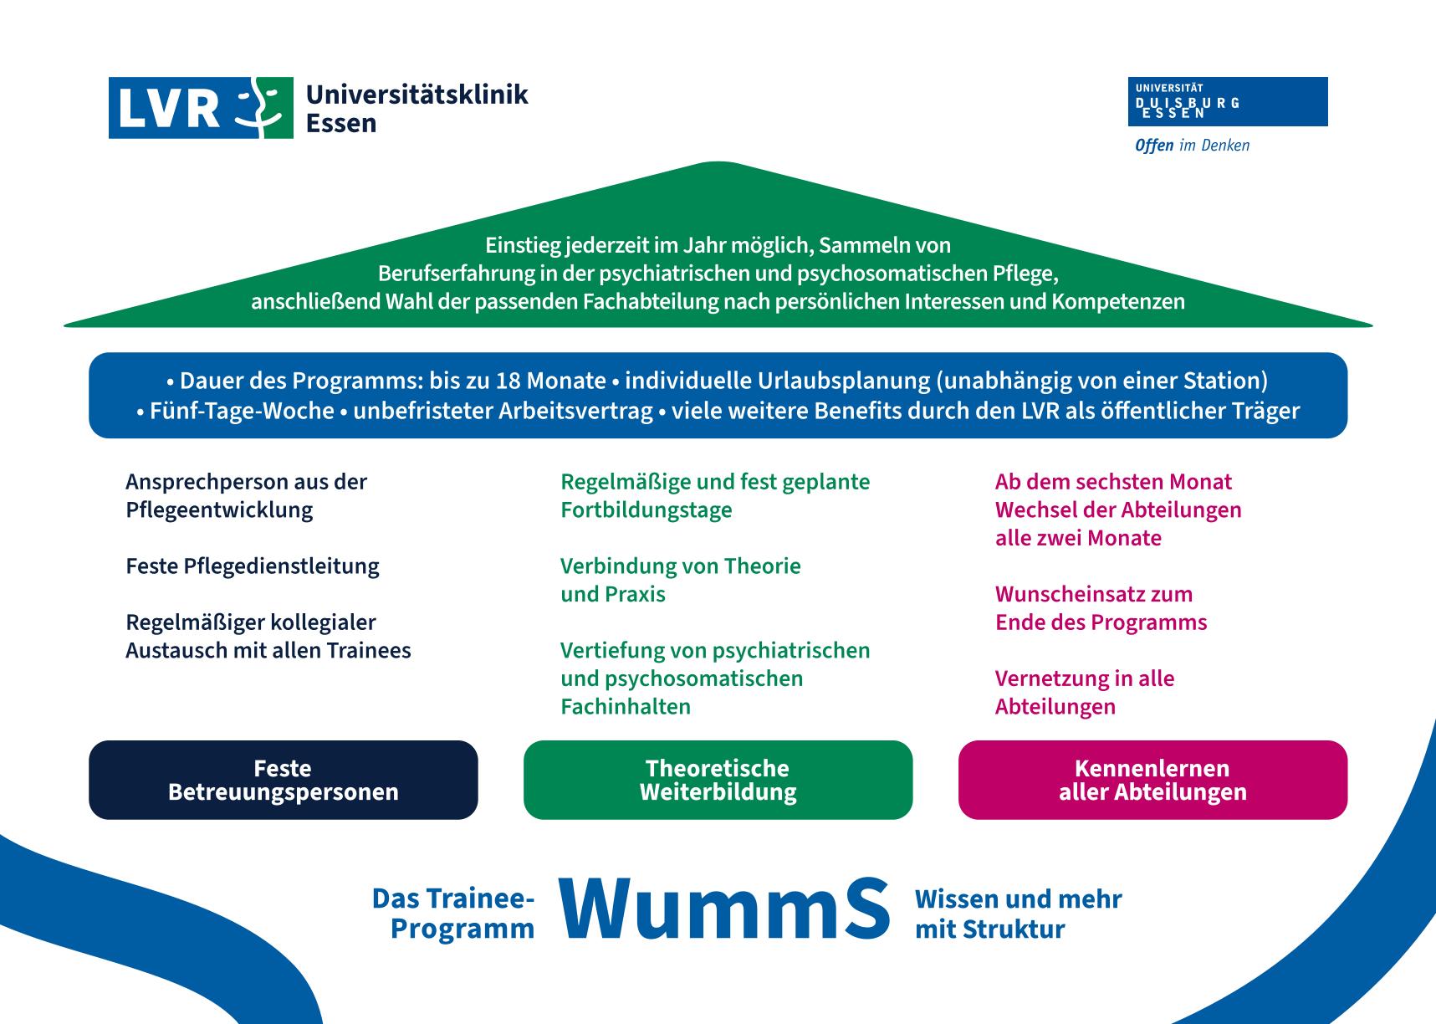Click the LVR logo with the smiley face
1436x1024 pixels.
[x=201, y=108]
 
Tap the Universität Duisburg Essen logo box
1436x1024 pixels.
[x=1228, y=102]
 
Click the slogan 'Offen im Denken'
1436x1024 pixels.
[x=1192, y=146]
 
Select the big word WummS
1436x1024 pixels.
[x=724, y=909]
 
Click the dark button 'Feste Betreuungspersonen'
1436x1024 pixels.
[x=284, y=780]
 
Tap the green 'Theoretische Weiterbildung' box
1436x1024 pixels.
[x=718, y=780]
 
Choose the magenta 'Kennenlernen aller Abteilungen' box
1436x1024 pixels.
[x=1153, y=780]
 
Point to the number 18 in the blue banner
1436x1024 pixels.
[x=508, y=381]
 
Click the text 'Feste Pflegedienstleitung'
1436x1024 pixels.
[x=253, y=566]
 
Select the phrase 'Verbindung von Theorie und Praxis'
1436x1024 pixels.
[x=681, y=580]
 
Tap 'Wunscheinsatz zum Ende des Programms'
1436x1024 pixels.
[x=1101, y=608]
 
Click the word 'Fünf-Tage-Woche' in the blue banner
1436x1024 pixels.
[x=242, y=411]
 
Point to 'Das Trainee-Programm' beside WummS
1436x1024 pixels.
[x=453, y=914]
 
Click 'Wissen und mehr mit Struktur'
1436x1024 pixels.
[x=1019, y=914]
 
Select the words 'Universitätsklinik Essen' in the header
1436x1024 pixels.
[x=417, y=108]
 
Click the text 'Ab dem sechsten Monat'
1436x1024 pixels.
[x=1113, y=482]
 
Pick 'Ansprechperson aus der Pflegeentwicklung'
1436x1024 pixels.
[x=247, y=495]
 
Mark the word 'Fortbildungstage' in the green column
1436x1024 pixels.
[x=646, y=510]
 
